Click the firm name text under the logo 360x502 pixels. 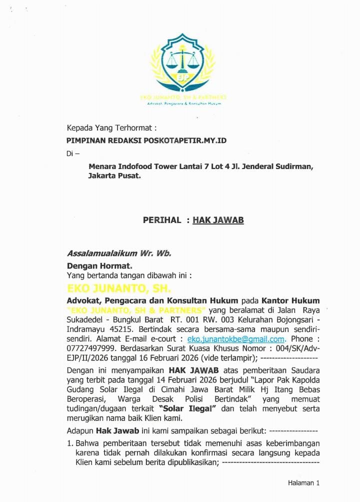click(x=183, y=96)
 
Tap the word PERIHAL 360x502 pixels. click(x=162, y=220)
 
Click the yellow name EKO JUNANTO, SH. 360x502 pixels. click(x=119, y=289)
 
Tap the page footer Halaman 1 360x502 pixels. click(x=303, y=482)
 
